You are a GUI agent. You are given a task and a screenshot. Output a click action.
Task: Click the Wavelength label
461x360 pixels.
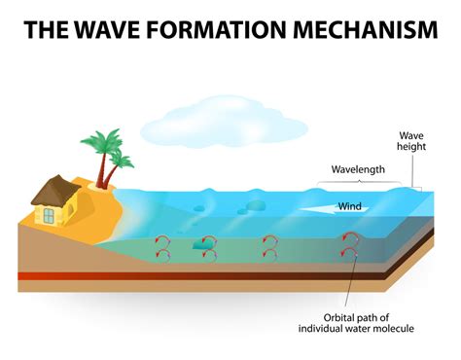(x=358, y=169)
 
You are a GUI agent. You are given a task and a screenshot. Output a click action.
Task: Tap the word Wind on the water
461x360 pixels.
(x=350, y=205)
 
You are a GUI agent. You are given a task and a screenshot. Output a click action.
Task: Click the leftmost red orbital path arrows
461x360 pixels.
(x=161, y=247)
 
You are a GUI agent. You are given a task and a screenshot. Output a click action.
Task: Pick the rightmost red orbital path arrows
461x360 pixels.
(x=347, y=246)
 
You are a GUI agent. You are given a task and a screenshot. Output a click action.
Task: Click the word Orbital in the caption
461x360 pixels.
(x=343, y=316)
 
